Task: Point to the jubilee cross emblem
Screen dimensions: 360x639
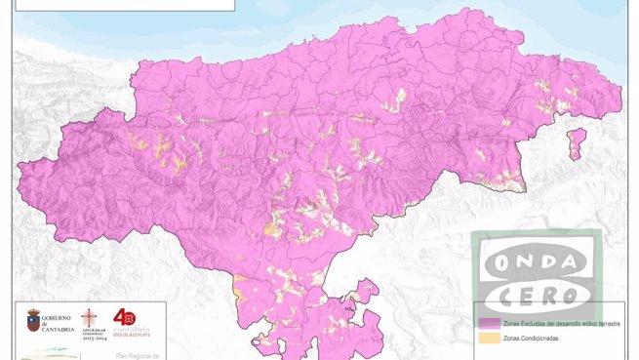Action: point(91,319)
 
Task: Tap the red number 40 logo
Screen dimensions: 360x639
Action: point(125,317)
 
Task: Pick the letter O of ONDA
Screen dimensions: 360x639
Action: point(498,261)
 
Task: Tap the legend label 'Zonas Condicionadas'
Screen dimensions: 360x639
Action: point(532,339)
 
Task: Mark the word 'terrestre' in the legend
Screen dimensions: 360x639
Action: point(609,321)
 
